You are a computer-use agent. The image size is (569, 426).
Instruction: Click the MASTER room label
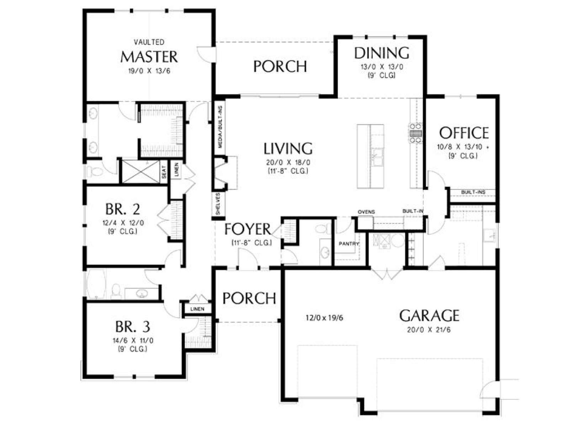pos(149,57)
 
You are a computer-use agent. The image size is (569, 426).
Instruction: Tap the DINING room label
pos(382,53)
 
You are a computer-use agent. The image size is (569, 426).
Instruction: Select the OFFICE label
pos(464,133)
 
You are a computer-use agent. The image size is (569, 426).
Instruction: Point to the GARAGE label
pos(429,316)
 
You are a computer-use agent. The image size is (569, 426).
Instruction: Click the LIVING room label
pos(288,148)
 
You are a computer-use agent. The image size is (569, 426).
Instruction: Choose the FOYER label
pos(248,229)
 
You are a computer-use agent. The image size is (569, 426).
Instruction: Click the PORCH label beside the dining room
pos(280,66)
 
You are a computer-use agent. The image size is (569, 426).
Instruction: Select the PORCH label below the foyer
pos(249,298)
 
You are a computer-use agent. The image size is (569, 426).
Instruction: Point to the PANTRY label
pos(349,244)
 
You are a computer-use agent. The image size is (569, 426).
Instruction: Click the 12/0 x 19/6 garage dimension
pos(325,318)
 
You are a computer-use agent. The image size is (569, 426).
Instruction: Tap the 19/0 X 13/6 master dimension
pos(149,71)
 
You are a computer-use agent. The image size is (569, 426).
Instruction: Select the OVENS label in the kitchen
pos(366,212)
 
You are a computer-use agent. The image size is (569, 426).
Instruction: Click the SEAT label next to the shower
pos(164,172)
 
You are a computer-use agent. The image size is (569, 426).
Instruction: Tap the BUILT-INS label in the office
pos(473,192)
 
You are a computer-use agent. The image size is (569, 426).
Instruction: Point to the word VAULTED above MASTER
pos(149,42)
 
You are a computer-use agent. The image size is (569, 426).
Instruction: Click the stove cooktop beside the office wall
pos(416,133)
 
